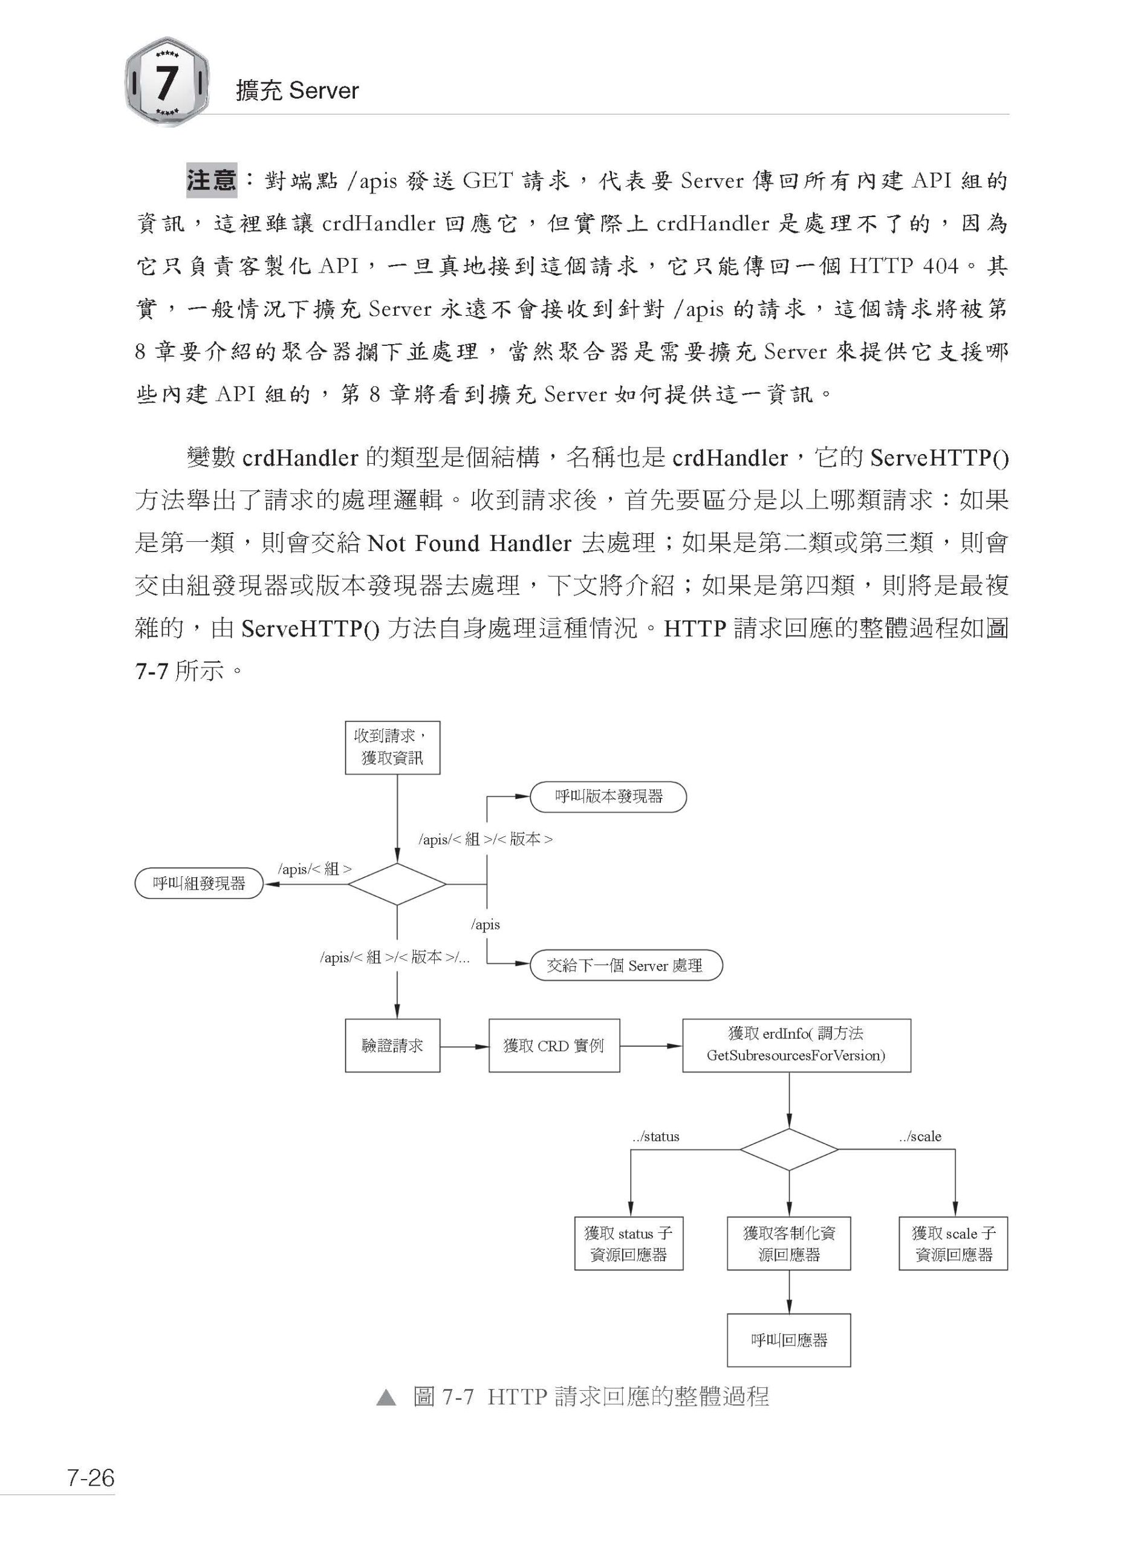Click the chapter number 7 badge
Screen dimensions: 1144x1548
click(x=167, y=82)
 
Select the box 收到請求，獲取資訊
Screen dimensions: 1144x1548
click(x=392, y=747)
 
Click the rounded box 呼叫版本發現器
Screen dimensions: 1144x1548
click(x=608, y=797)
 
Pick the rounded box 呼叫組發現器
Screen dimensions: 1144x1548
click(x=200, y=884)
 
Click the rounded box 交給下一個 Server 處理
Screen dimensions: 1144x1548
click(x=626, y=965)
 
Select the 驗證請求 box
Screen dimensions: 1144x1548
click(x=392, y=1045)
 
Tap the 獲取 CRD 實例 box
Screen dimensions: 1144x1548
click(x=554, y=1045)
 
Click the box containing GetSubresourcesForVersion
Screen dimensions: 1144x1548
click(x=796, y=1045)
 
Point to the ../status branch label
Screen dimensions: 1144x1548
click(x=656, y=1137)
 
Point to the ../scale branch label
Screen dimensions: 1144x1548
click(x=920, y=1137)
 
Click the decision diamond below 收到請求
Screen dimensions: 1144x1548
click(x=397, y=885)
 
